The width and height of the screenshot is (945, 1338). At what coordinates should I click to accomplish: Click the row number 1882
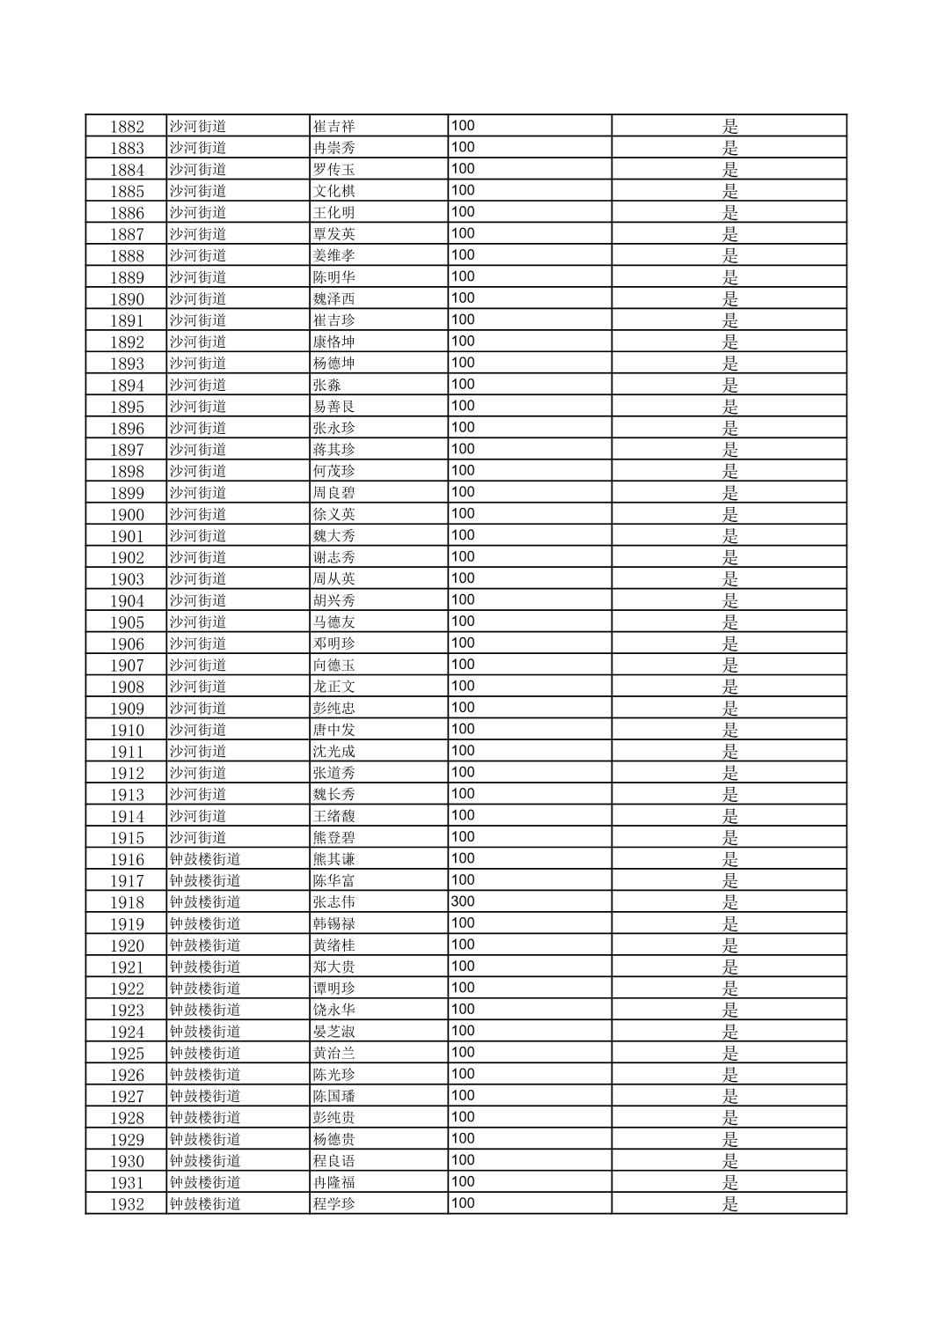pos(127,126)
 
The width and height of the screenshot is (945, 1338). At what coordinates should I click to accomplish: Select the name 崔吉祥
pos(333,126)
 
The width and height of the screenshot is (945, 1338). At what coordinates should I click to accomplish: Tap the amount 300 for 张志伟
pos(463,901)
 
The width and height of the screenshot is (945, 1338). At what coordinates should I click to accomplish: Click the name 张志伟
pos(333,902)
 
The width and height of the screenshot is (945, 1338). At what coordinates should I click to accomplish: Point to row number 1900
pos(127,514)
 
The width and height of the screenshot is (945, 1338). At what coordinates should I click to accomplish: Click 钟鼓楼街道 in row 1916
pos(205,859)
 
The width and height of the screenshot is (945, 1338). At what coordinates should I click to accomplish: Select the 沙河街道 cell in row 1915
pos(198,837)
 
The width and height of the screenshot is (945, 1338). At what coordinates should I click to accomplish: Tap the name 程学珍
pos(333,1204)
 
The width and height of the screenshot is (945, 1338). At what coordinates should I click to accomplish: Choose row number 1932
pos(127,1204)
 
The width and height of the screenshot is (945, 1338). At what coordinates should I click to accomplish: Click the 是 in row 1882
pos(729,126)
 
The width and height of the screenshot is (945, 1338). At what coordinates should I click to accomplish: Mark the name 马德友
pos(333,622)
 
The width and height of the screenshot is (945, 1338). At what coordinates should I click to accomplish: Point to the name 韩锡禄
pos(333,923)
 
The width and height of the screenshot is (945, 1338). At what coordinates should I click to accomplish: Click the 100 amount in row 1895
pos(463,406)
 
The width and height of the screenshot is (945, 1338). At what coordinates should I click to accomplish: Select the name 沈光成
pos(333,751)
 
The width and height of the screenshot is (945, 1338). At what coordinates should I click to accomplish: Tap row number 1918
pos(127,902)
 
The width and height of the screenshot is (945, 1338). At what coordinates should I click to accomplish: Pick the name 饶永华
pos(333,1010)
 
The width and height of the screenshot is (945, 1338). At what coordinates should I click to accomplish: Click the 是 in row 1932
pos(729,1204)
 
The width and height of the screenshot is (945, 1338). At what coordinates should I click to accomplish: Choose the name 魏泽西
pos(333,298)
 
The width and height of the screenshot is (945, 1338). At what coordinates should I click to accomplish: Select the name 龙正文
pos(333,687)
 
